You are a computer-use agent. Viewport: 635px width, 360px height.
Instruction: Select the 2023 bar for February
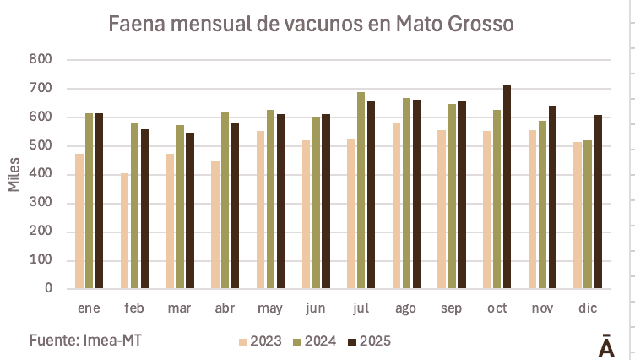(x=125, y=231)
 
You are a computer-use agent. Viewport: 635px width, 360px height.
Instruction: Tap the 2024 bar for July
(x=361, y=190)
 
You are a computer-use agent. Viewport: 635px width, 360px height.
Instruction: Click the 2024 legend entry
(x=314, y=341)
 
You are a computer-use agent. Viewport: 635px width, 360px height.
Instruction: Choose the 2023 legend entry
(x=260, y=341)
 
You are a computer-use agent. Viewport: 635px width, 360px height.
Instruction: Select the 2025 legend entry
(x=370, y=341)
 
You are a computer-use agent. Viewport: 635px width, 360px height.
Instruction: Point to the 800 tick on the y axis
(x=40, y=60)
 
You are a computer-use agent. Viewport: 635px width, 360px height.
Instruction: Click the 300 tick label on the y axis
(x=40, y=203)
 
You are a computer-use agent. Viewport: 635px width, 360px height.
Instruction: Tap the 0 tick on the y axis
(x=48, y=289)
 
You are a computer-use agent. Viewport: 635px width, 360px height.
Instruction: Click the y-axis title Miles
(x=14, y=174)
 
